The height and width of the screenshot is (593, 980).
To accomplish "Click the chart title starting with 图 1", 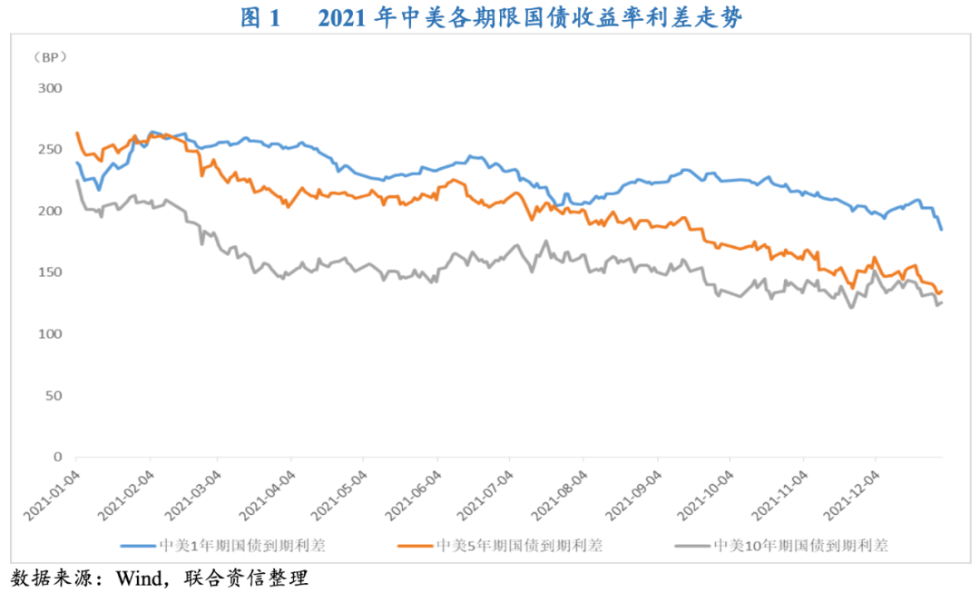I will click(491, 17).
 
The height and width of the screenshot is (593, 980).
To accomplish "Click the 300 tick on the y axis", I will click(50, 88).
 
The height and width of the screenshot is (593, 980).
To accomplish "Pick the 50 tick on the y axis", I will click(54, 396).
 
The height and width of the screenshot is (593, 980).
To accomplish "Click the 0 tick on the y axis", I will click(57, 457).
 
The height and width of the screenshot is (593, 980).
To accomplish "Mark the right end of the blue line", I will click(942, 230).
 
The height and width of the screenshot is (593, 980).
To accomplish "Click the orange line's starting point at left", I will click(76, 133).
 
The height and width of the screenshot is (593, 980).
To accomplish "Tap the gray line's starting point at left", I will click(76, 181).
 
